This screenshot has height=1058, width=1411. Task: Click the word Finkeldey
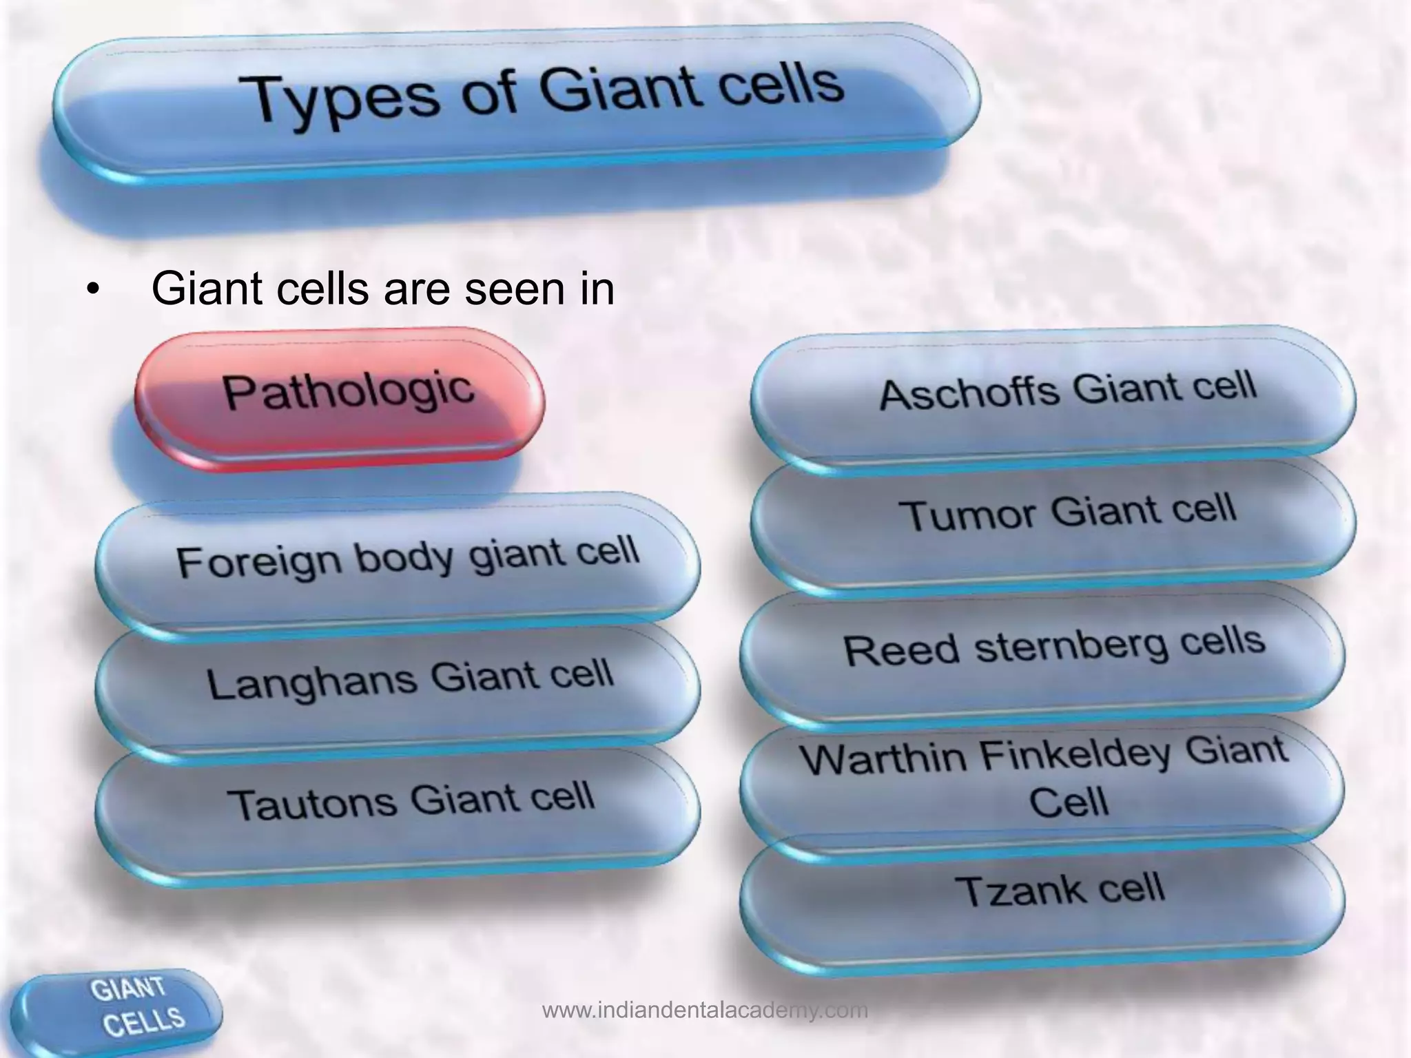tap(1075, 754)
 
